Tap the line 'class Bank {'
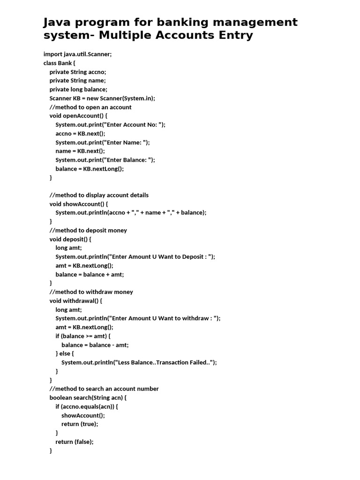point(60,63)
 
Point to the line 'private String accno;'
point(78,72)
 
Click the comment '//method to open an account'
point(90,107)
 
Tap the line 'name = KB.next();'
point(80,151)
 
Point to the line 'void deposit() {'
point(70,239)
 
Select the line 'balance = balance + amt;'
point(90,274)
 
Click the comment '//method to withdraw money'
point(91,292)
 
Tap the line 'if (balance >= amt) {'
point(83,336)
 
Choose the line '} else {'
point(65,353)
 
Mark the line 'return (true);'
point(80,424)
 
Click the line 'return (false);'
point(75,442)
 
